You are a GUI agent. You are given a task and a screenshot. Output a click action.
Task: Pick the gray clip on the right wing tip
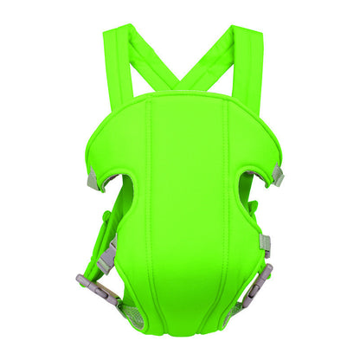[277, 176]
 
